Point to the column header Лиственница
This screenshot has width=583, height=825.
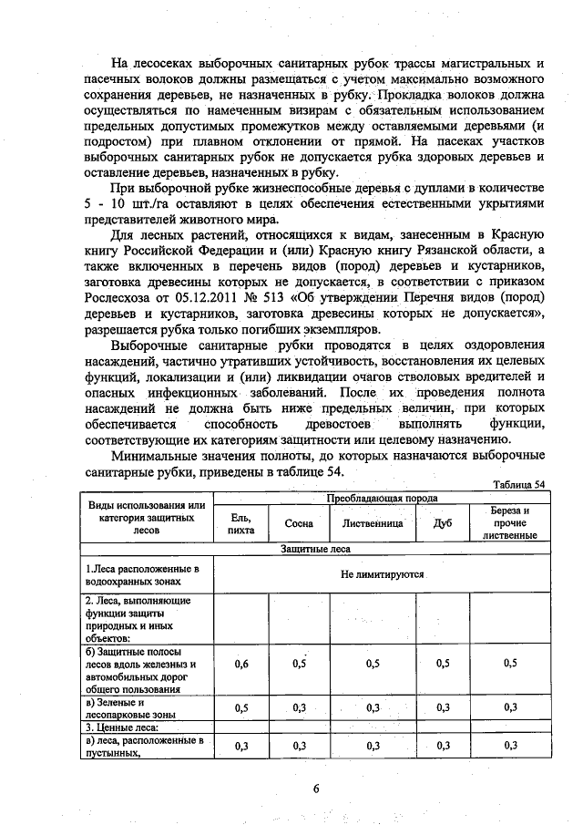pyautogui.click(x=373, y=524)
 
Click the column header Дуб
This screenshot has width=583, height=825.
pyautogui.click(x=444, y=524)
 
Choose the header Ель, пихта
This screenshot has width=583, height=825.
pyautogui.click(x=241, y=523)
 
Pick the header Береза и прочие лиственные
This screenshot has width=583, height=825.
pyautogui.click(x=510, y=523)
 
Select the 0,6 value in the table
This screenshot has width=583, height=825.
pyautogui.click(x=241, y=665)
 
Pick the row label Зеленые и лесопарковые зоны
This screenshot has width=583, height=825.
pyautogui.click(x=128, y=709)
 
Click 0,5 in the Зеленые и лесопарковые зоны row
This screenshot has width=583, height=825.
pyautogui.click(x=241, y=708)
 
